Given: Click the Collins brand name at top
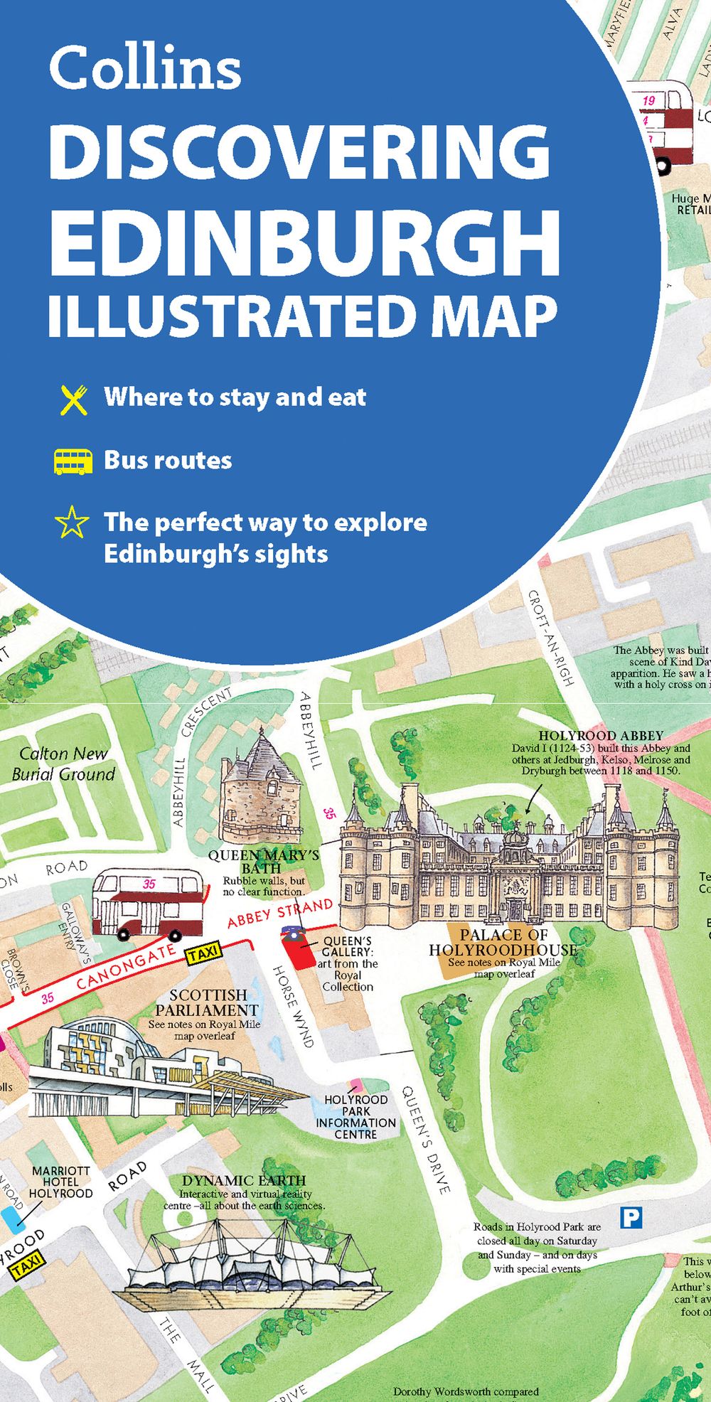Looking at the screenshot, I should point(145,68).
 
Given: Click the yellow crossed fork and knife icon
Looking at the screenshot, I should point(73,400).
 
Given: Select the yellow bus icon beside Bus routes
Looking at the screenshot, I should point(73,461).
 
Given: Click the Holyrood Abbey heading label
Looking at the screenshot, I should point(600,736).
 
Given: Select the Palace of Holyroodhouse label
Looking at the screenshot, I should point(503,942).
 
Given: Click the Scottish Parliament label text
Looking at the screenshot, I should point(207,1002).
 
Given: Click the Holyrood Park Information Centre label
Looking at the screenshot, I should point(355,1117).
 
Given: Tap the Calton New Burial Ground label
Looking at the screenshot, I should point(63,764).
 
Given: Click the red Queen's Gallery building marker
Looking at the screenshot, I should point(296,949).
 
